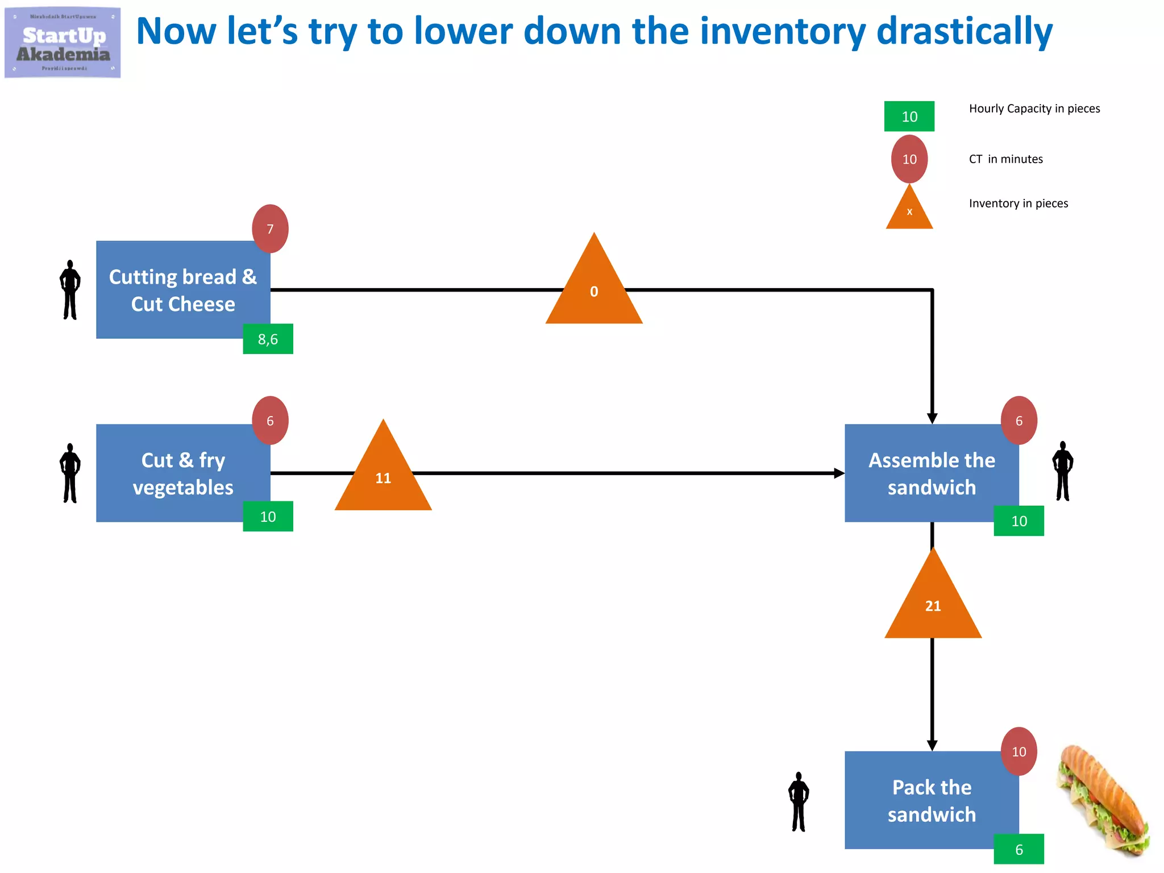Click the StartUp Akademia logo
coord(63,43)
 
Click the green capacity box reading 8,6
coord(268,339)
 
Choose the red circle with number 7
coord(270,228)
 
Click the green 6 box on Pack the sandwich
coord(1018,849)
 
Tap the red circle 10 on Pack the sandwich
coord(1018,751)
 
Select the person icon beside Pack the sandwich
coord(799,801)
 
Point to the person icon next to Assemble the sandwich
coord(1062,471)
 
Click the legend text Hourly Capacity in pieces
coord(1034,109)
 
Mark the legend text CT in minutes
coord(1005,159)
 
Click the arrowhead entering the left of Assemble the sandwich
coord(839,473)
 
